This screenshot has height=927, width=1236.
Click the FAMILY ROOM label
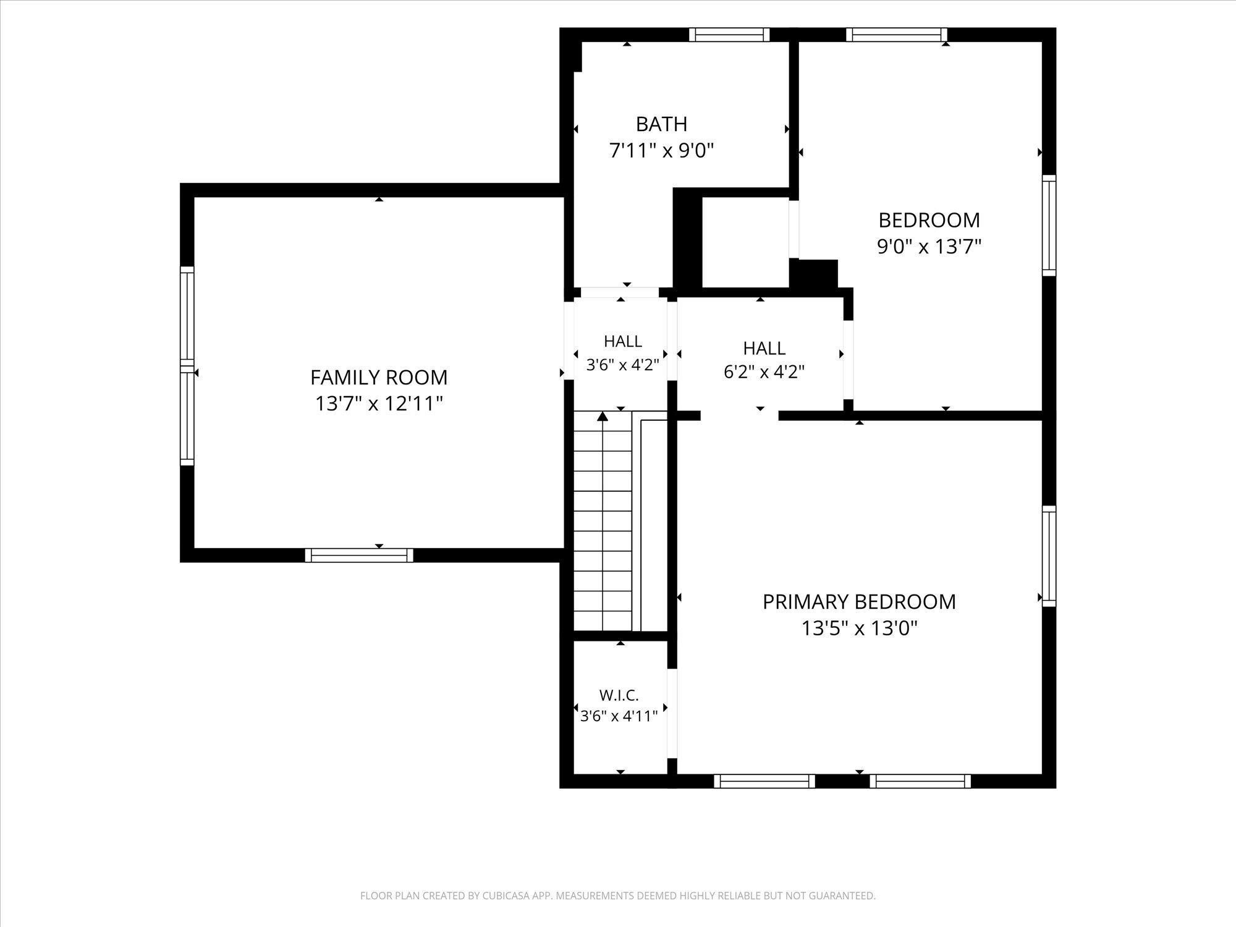(379, 377)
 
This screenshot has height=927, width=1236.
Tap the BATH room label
(661, 124)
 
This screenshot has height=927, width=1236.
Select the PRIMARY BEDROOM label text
(859, 601)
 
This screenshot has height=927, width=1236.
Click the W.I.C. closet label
(619, 695)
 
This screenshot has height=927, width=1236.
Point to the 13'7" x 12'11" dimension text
(379, 404)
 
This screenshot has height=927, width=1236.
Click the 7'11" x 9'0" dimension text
(661, 150)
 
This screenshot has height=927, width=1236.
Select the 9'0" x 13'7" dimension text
(929, 247)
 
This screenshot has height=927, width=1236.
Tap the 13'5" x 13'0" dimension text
(859, 629)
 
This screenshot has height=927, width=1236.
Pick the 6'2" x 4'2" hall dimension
(764, 372)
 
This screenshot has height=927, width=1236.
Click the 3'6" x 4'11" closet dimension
(619, 716)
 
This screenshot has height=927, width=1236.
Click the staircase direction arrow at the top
(603, 416)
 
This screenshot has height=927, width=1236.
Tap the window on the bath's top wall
(729, 35)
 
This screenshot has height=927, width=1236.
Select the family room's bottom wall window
(359, 555)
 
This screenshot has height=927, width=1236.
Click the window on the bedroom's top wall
(896, 35)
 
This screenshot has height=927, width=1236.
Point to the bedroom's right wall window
(1049, 225)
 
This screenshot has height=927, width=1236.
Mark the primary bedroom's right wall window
(1049, 556)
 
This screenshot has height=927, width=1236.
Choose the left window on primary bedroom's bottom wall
(764, 781)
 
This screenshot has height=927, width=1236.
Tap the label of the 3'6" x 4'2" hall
(622, 341)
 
